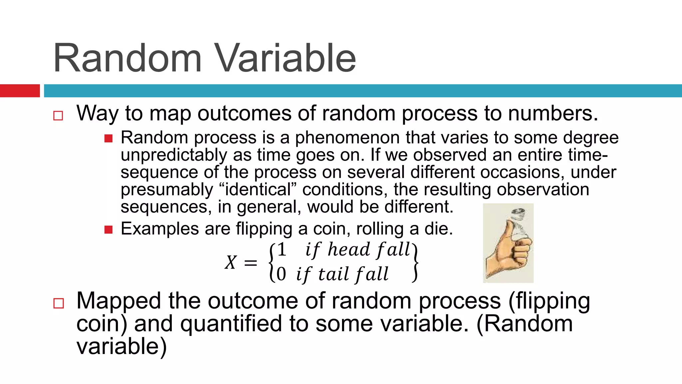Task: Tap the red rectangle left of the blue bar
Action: pos(20,91)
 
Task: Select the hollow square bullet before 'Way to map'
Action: pos(58,116)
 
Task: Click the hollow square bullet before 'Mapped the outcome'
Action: pos(58,303)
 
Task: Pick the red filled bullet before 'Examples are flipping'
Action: pos(109,230)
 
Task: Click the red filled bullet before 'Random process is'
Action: pos(109,138)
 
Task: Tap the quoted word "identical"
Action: pos(258,189)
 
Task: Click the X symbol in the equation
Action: pos(230,262)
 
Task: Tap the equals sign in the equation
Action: pos(250,263)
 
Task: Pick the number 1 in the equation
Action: pos(282,250)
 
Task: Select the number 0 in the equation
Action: pos(281,274)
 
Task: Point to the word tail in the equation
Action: pos(333,274)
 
